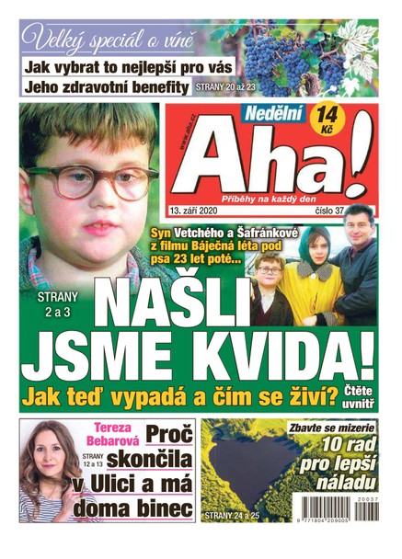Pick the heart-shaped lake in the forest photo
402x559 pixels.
(x=248, y=475)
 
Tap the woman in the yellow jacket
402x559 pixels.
(x=308, y=276)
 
